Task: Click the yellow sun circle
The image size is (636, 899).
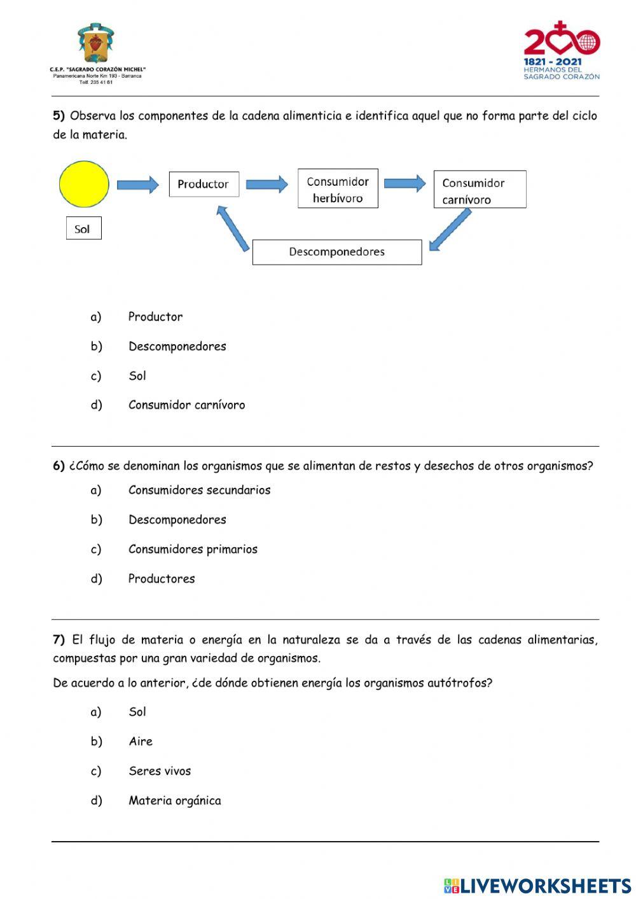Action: [84, 184]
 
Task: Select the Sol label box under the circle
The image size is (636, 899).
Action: [83, 229]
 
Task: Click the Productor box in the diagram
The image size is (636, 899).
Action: [204, 185]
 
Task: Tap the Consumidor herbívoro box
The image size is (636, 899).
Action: [338, 189]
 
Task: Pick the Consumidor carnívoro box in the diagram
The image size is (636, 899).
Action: [480, 190]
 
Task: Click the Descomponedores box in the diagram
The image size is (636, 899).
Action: [337, 252]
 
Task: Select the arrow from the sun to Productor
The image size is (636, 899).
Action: [138, 185]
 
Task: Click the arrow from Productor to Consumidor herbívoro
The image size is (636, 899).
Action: [267, 185]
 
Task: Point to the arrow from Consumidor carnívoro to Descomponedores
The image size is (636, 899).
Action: [450, 230]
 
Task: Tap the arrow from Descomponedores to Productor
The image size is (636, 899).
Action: [233, 228]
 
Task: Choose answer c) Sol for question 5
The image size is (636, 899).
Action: [137, 376]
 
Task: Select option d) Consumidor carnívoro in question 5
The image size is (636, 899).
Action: [186, 405]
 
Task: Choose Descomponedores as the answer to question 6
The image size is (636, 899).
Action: [177, 520]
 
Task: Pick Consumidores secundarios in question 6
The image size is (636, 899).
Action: [199, 491]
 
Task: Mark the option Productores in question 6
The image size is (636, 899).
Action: [162, 579]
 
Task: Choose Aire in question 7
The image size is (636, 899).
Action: [141, 742]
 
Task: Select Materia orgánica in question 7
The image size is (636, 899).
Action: [175, 801]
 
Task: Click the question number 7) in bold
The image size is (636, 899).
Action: [59, 640]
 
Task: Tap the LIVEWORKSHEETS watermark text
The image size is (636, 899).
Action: [537, 886]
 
